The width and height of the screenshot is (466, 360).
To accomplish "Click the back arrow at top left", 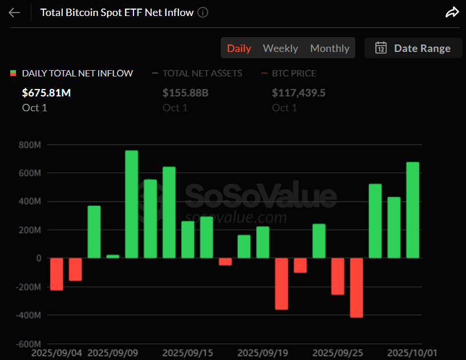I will (14, 13).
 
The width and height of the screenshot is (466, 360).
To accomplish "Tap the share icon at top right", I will (452, 13).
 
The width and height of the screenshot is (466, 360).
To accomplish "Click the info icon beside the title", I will (202, 13).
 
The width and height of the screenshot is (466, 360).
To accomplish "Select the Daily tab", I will (239, 48).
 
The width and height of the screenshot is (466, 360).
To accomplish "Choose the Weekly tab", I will (280, 48).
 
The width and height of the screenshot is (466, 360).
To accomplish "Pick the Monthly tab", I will (329, 48).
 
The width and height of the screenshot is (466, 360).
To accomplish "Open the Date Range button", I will (413, 48).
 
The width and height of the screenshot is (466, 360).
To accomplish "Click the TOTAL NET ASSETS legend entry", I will (202, 73).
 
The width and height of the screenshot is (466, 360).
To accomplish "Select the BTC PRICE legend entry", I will (294, 73).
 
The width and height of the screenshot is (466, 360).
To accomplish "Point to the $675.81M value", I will (46, 92).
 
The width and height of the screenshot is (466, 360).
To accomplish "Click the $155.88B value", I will (185, 92).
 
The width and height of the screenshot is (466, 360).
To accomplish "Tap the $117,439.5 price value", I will (298, 92).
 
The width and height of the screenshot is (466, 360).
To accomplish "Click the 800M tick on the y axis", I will (29, 145).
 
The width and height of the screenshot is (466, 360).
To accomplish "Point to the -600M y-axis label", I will (28, 344).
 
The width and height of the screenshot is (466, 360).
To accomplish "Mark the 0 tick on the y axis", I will (38, 258).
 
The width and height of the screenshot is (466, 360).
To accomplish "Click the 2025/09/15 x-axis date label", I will (188, 353).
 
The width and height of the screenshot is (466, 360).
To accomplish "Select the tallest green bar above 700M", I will (131, 204).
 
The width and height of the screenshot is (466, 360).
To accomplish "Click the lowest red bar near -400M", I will (356, 288).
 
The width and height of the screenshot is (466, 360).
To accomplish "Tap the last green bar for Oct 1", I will (412, 210).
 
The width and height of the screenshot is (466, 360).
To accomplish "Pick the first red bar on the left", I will (56, 274).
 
